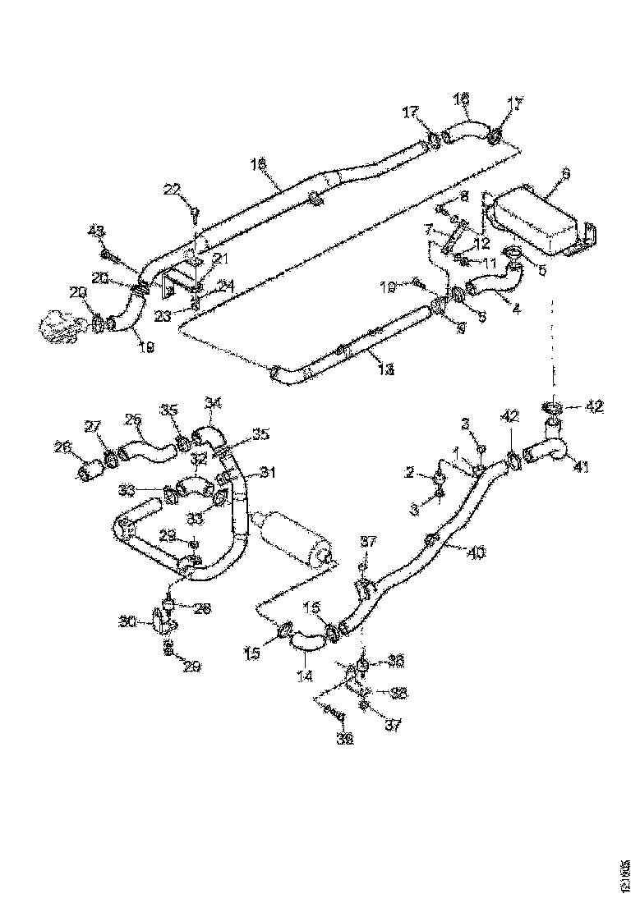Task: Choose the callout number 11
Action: point(490,264)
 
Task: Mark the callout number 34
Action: point(214,403)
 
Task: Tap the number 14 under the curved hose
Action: point(306,677)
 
